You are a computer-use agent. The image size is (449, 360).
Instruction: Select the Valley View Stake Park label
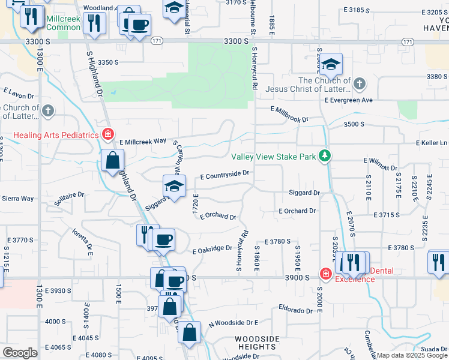(274, 157)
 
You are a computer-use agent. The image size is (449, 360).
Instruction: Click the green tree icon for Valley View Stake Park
(325, 157)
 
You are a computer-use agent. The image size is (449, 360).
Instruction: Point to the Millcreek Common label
(63, 23)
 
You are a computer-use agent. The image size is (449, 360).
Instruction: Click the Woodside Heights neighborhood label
(257, 343)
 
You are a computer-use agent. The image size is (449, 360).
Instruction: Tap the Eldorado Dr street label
(295, 310)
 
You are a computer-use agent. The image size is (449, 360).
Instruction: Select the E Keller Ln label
(432, 143)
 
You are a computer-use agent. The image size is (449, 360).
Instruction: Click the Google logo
(20, 353)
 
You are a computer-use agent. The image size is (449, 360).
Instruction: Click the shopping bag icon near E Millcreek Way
(112, 160)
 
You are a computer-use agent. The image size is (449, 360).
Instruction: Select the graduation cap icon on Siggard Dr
(174, 186)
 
